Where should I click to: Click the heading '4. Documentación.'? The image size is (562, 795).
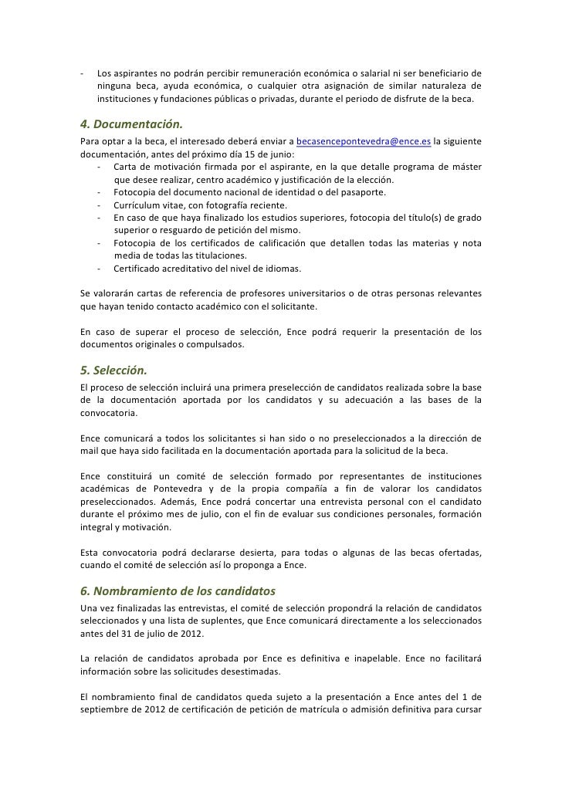(132, 124)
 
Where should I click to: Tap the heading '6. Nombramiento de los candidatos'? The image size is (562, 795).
(178, 593)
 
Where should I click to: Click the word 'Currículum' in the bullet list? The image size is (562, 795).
(138, 205)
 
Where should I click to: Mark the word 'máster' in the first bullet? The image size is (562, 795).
(466, 167)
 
